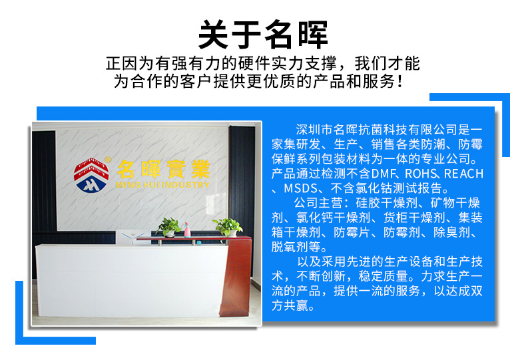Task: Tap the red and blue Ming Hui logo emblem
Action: pos(91,175)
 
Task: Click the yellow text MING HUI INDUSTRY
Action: pos(162,185)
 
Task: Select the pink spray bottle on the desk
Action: pos(187,230)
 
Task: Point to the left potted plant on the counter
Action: pos(168,227)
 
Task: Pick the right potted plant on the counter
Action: pos(228,228)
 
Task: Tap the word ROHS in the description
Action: pos(421,174)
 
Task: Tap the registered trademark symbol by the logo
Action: pos(108,160)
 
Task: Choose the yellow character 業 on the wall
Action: pos(200,169)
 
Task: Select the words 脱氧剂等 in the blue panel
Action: pos(296,248)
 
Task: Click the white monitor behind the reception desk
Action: pos(132,237)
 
